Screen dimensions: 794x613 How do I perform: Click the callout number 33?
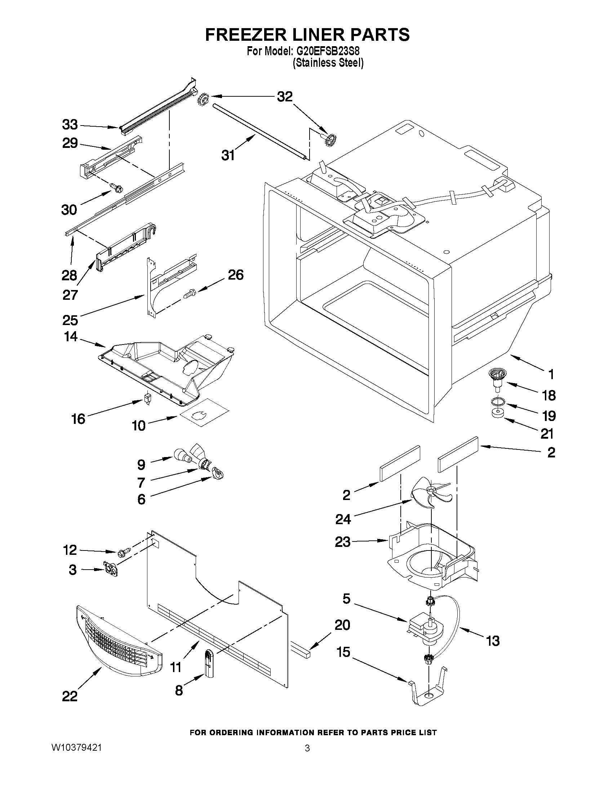coord(70,125)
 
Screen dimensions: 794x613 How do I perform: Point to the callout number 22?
coord(70,696)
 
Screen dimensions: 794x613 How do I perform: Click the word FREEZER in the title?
coord(247,35)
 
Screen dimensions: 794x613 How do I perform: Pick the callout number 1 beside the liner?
coord(551,374)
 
